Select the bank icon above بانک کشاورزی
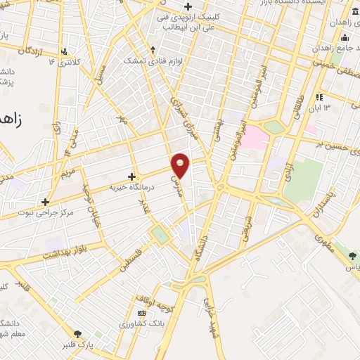(x=143, y=313)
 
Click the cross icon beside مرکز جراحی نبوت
(x=46, y=181)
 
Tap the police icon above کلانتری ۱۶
(x=65, y=51)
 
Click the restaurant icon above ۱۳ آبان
(x=319, y=96)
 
